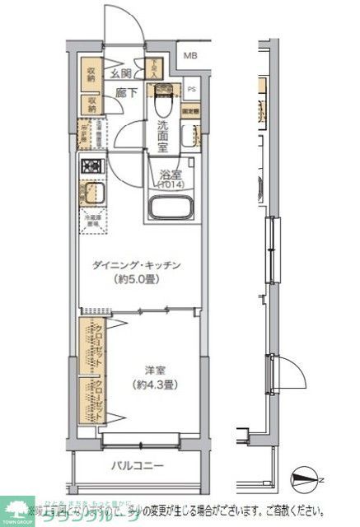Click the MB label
click(190, 56)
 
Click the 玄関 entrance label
click(122, 73)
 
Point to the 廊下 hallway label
click(126, 94)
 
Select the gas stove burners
click(90, 167)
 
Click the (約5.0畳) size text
click(136, 280)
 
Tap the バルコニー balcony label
click(138, 467)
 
